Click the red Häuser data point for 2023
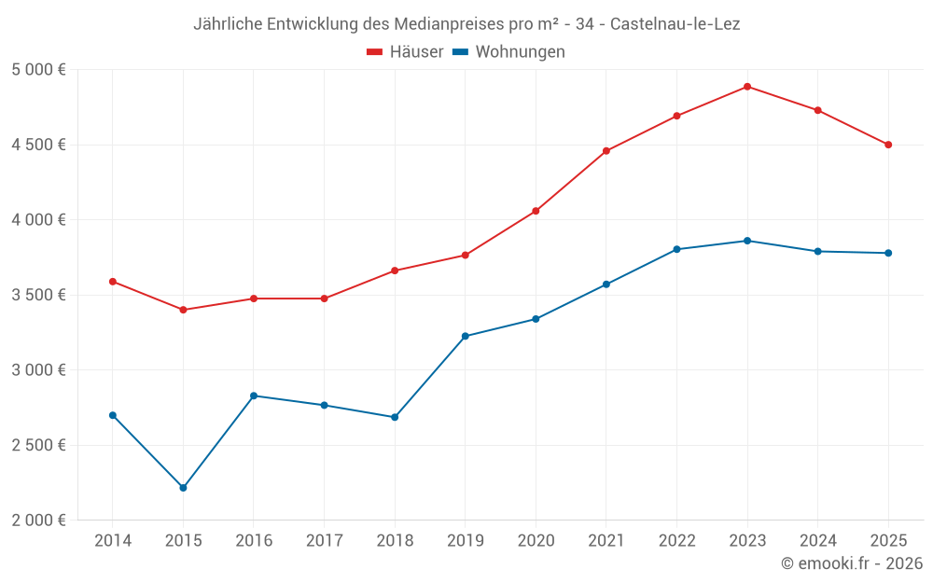[x=747, y=87]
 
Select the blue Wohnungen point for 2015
[x=183, y=488]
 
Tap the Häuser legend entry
[x=405, y=52]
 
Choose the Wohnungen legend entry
[x=509, y=52]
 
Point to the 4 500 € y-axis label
[x=38, y=145]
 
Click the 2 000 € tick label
[x=38, y=521]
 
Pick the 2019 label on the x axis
[x=465, y=541]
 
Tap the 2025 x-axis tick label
[x=888, y=541]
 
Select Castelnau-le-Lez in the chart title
[x=675, y=24]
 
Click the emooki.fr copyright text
[x=851, y=563]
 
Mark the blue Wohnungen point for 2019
[x=465, y=336]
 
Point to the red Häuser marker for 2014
[x=113, y=282]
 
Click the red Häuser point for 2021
[x=606, y=151]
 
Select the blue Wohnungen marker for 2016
[x=254, y=396]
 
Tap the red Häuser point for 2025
[x=888, y=145]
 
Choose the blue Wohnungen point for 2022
[x=676, y=249]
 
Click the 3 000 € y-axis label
[x=38, y=370]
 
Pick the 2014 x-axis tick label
[x=113, y=541]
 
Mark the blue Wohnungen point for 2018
[x=395, y=417]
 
